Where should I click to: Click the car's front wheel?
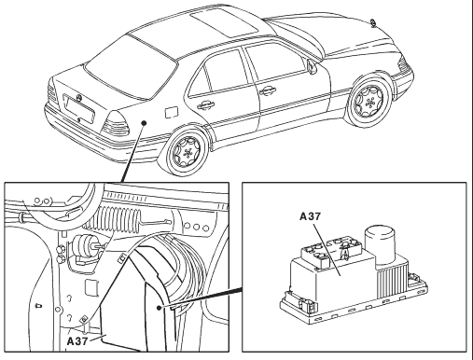pos(369,101)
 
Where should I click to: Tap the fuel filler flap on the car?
pos(172,112)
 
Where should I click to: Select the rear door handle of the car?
pos(205,104)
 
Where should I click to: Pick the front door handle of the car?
pos(267,90)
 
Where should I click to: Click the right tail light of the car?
pos(116,124)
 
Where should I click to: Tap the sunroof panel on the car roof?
pos(224,23)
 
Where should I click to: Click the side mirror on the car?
pos(312,66)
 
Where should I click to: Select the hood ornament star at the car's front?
pos(373,22)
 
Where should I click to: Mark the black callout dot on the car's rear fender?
pos(144,123)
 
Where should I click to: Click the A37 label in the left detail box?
pos(77,341)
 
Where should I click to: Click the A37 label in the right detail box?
pos(310,216)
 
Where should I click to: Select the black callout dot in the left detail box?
pos(160,308)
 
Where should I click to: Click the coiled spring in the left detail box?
pos(115,220)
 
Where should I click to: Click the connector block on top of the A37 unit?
pos(331,253)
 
